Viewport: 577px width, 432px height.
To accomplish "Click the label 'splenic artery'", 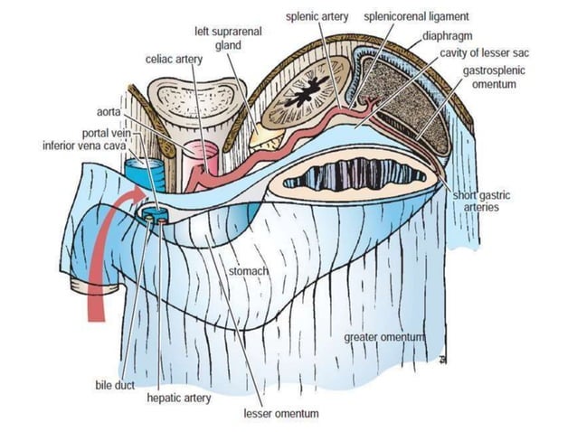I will pos(321,17).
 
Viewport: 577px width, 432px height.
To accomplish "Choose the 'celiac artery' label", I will pos(174,59).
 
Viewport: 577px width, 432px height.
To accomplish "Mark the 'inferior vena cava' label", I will pos(81,145).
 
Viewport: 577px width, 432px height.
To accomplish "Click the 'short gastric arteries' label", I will pos(478,202).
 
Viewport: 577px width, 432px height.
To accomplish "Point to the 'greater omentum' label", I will pos(384,337).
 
